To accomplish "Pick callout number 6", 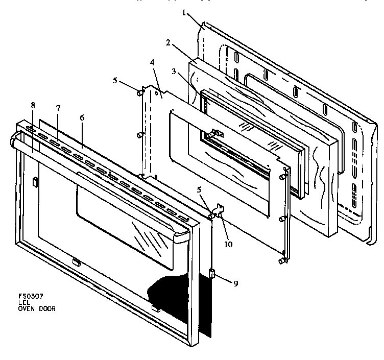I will pyautogui.click(x=82, y=117).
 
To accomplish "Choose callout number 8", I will pyautogui.click(x=33, y=105).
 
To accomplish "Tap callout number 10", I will pyautogui.click(x=228, y=244).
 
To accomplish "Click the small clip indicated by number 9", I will pyautogui.click(x=211, y=274).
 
